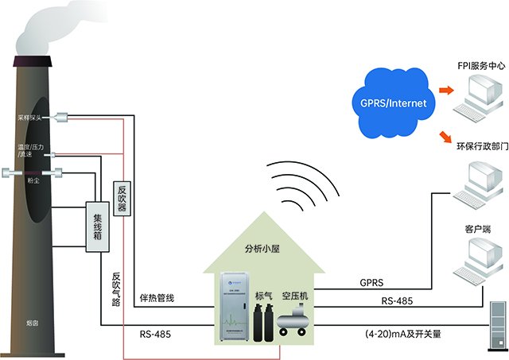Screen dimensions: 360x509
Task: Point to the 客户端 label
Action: [x=476, y=229]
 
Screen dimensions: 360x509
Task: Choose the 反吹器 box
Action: [x=122, y=198]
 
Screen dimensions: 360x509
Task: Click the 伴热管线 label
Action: [x=157, y=298]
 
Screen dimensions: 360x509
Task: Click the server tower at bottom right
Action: [x=497, y=326]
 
